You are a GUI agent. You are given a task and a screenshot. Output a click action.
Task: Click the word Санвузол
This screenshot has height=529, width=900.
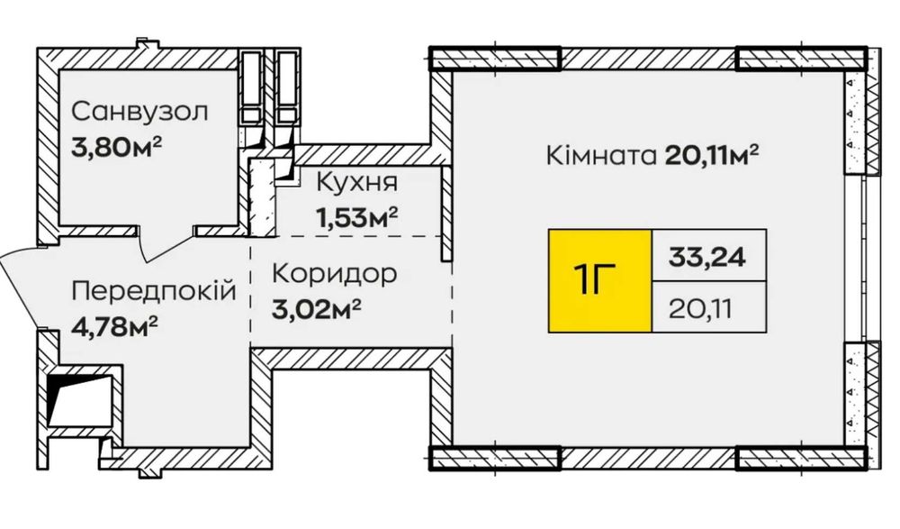139,112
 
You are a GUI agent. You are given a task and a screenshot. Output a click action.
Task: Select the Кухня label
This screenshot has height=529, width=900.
356,183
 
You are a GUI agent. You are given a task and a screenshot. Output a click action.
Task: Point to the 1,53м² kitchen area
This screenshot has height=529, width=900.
356,217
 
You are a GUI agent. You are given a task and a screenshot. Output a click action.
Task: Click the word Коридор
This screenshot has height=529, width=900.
334,274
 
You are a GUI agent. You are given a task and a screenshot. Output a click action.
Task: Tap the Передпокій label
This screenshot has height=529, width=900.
154,291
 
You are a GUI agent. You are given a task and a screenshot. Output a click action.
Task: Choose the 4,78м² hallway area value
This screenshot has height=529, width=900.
115,327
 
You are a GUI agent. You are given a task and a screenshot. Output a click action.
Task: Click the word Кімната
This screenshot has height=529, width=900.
601,155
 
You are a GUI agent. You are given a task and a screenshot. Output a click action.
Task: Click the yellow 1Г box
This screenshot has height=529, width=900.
599,280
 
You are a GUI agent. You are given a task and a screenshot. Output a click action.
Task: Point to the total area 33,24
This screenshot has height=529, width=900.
707,256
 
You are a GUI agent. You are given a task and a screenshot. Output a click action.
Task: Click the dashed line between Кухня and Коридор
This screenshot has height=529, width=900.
346,236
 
